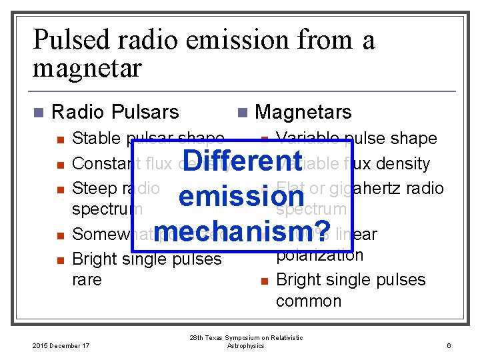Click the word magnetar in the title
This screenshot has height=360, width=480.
tap(87, 67)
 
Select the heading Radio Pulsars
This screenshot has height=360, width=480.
tap(115, 112)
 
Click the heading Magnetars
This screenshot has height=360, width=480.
tap(303, 112)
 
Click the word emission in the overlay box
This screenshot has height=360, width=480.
tap(241, 197)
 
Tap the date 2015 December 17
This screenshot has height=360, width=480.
tap(61, 345)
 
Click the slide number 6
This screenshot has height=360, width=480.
tap(449, 345)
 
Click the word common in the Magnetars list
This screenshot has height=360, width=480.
tap(308, 301)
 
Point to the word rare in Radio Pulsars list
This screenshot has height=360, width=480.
tap(87, 279)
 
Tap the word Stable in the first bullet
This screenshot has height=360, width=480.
tap(93, 139)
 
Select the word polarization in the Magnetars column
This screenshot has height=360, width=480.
tap(319, 255)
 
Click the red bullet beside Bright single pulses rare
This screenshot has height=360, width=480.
tap(60, 259)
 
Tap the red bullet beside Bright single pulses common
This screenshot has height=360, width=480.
tap(264, 281)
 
